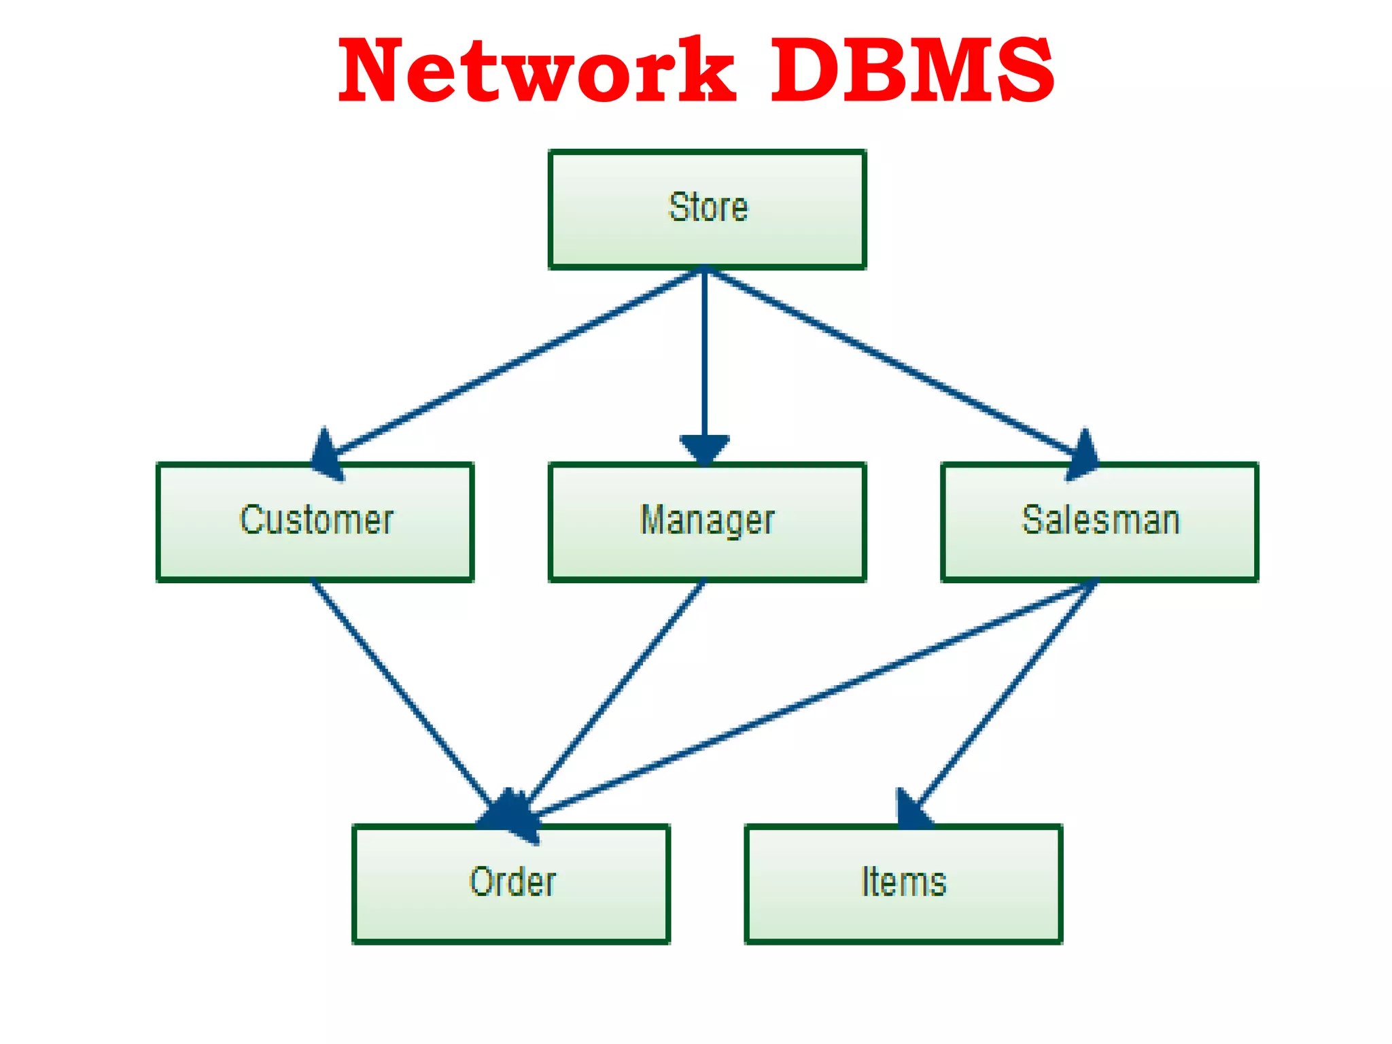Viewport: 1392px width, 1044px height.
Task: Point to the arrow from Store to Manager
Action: (x=705, y=353)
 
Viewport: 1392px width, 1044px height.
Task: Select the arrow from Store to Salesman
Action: (x=890, y=362)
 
